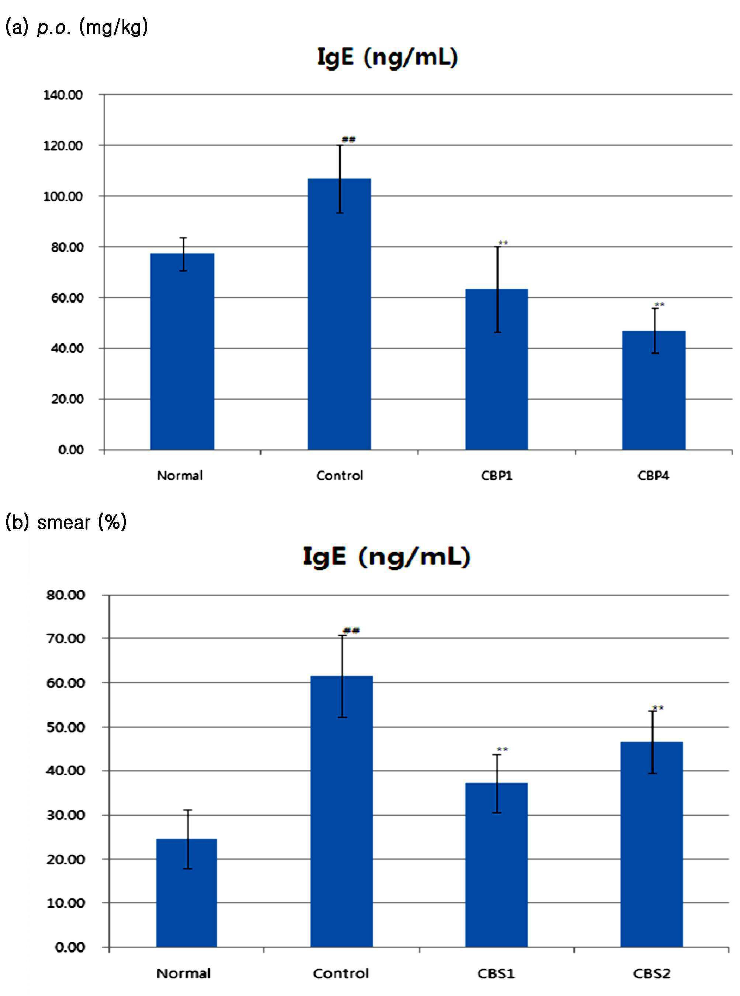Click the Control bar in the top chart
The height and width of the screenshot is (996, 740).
pos(339,314)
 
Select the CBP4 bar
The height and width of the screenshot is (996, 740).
pos(654,390)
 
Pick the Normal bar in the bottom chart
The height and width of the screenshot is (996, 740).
pos(186,893)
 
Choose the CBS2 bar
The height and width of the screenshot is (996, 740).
pos(651,845)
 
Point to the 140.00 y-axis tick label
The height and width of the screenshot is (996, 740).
pos(63,95)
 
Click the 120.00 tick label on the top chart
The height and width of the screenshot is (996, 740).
pos(63,146)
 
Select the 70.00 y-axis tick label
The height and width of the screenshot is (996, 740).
pos(66,638)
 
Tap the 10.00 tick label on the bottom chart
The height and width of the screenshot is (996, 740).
pos(66,903)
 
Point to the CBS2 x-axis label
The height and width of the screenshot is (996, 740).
pos(651,973)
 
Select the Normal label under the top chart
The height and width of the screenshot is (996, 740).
pos(180,475)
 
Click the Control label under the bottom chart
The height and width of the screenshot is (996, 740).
pos(341,973)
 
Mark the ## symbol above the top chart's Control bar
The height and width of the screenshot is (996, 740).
pos(349,139)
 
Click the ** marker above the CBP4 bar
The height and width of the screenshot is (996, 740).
pos(659,305)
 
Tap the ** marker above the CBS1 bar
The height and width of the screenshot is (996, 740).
pos(502,749)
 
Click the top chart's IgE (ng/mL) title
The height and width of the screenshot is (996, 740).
pos(387,57)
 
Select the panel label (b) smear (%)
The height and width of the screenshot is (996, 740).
pos(66,523)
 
